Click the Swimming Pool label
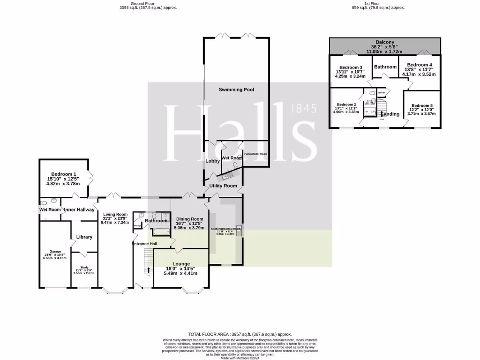click(236, 89)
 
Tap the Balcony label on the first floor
click(385, 42)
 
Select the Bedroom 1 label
click(63, 174)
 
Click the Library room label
click(84, 237)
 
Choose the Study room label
click(84, 268)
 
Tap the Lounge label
click(180, 264)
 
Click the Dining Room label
click(189, 219)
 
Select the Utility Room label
click(223, 186)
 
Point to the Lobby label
click(212, 161)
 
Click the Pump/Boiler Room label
click(255, 154)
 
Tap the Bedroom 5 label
click(421, 106)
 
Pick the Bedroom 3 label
click(351, 67)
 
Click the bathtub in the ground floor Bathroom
click(160, 231)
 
